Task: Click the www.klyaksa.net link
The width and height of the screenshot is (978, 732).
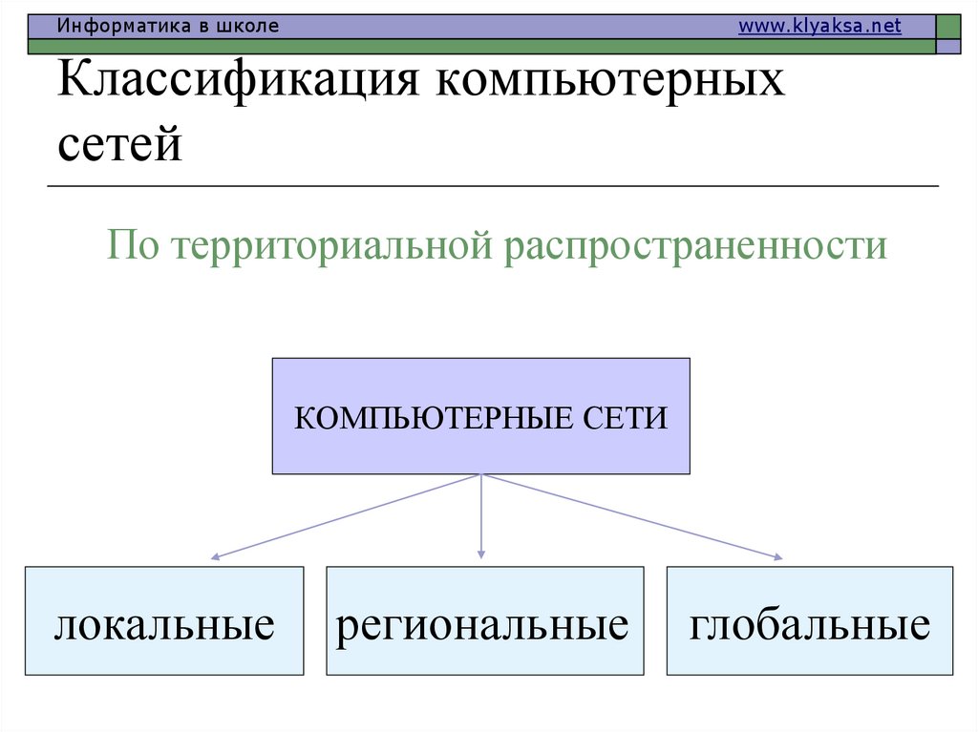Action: coord(819,27)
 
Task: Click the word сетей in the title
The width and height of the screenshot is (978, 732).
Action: coord(119,145)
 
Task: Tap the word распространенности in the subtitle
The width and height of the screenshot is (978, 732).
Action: coord(697,246)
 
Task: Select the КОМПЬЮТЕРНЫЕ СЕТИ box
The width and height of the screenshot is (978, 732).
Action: coord(480,416)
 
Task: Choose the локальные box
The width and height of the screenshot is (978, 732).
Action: coord(164,620)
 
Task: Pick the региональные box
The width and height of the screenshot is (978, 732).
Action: coord(484,620)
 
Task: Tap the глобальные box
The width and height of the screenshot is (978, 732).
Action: coord(809,620)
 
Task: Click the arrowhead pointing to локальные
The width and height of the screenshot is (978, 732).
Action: coord(216,555)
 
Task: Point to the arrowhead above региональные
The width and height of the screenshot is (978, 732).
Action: coord(480,553)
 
